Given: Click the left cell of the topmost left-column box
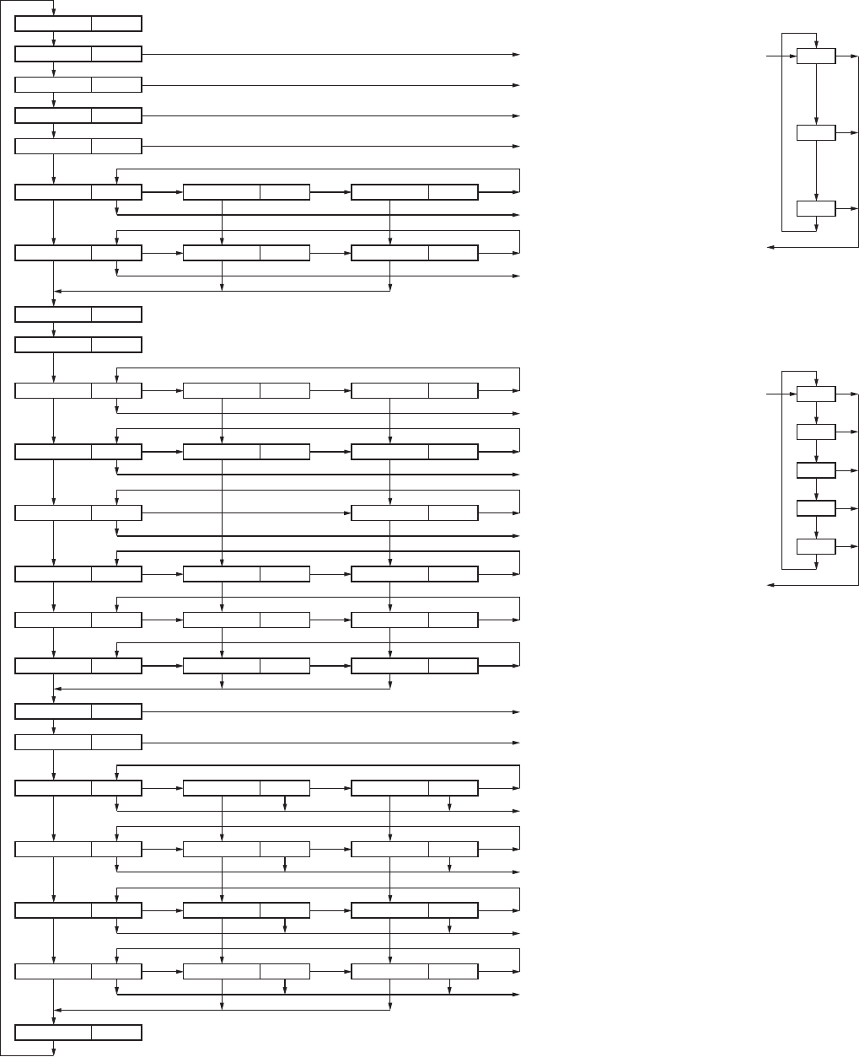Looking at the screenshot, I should [54, 24].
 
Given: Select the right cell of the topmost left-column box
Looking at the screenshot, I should [116, 24].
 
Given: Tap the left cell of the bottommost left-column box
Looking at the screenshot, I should [54, 1033].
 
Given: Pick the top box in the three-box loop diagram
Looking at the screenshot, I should [816, 56].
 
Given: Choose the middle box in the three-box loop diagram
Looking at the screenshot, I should [816, 133].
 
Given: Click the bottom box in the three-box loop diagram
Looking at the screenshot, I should [816, 208].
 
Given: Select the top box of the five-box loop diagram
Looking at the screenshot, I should [816, 394].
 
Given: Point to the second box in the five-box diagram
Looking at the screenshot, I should [816, 432].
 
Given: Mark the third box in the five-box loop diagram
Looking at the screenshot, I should [816, 469].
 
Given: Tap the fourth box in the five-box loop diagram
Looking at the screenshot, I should [816, 508].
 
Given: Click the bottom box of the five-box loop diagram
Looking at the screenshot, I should [816, 546].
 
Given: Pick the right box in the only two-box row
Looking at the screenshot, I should [414, 512].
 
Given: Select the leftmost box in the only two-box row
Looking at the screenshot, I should [78, 512].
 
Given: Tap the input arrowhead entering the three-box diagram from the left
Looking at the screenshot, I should [793, 56].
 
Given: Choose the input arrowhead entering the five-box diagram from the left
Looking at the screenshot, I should [793, 394].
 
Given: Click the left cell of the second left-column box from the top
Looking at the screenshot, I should [54, 55].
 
